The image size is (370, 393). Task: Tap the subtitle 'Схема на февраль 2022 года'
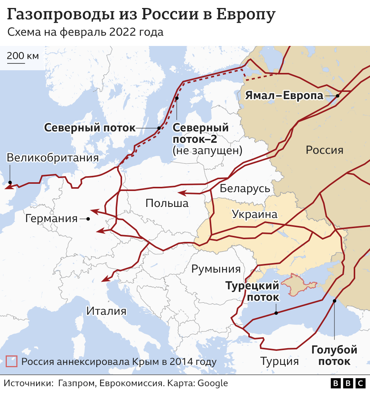85,32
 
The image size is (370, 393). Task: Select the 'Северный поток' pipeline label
89,128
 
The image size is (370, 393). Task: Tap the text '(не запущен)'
207,150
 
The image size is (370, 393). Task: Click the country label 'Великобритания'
53,158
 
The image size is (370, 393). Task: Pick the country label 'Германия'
51,219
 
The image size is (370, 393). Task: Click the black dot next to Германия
88,219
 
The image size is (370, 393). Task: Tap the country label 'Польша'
167,203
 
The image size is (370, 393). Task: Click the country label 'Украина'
254,214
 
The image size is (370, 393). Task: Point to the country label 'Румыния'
216,269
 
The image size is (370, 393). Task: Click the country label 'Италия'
106,311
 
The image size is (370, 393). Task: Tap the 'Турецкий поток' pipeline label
252,291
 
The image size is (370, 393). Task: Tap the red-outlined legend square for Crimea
12,361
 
